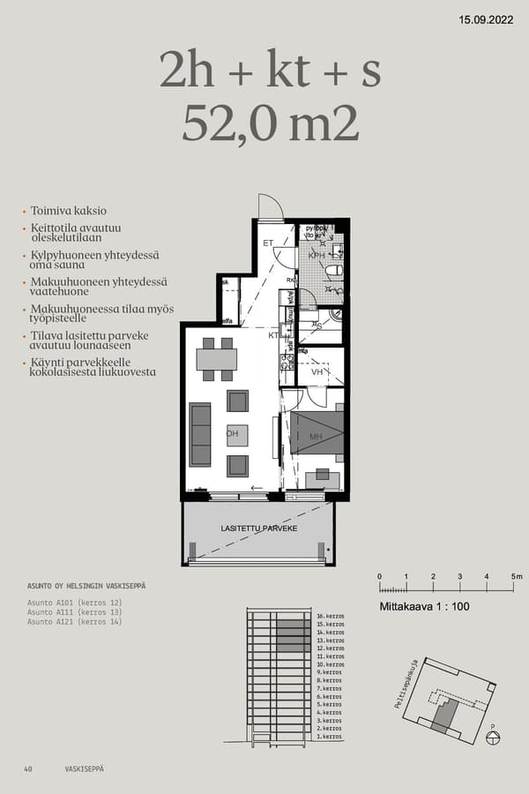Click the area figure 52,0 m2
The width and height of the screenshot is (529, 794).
tap(271, 124)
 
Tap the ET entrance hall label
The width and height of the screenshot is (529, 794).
tap(268, 242)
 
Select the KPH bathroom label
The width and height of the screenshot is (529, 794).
tap(317, 256)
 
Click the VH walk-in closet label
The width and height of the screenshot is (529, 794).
tap(317, 372)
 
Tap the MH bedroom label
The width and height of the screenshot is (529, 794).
tap(316, 436)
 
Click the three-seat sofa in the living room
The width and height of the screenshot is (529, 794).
tap(200, 434)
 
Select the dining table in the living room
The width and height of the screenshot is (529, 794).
tap(216, 359)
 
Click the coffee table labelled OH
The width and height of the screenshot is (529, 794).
tap(236, 434)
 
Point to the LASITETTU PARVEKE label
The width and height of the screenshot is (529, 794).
tap(258, 528)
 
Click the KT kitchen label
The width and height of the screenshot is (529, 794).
tap(274, 335)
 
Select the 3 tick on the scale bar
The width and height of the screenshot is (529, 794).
tap(460, 577)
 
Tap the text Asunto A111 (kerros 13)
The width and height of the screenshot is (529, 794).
tap(74, 612)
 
